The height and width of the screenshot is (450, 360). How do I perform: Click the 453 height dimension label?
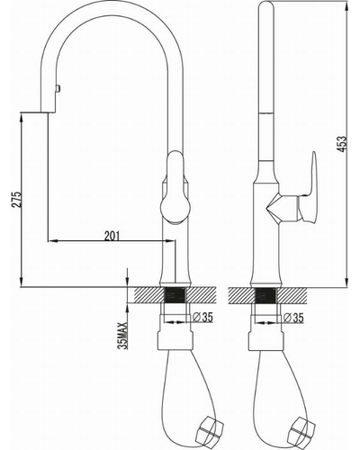pos(343,144)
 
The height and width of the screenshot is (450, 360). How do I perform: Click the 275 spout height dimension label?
pos(17,199)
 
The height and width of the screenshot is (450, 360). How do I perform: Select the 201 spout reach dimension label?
pos(112,236)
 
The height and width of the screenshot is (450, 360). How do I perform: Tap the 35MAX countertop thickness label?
pos(123,335)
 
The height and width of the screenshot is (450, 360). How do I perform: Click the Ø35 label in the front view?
pos(202,317)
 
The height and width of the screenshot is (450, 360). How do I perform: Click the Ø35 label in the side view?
pos(293,318)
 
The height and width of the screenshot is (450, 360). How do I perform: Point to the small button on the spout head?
pos(58,89)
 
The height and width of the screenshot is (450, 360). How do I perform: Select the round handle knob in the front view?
pos(175,208)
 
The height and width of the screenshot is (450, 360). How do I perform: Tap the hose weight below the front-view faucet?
pos(210,429)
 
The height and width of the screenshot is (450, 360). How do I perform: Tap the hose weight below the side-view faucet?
pos(301,429)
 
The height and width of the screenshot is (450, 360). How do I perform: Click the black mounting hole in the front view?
pos(175,294)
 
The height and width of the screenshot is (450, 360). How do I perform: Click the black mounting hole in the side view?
pos(265,294)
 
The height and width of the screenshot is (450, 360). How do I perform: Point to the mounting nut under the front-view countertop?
pos(175,340)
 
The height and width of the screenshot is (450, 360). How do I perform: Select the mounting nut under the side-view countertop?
pos(266,340)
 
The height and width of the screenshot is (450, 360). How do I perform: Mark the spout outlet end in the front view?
pos(48,112)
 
